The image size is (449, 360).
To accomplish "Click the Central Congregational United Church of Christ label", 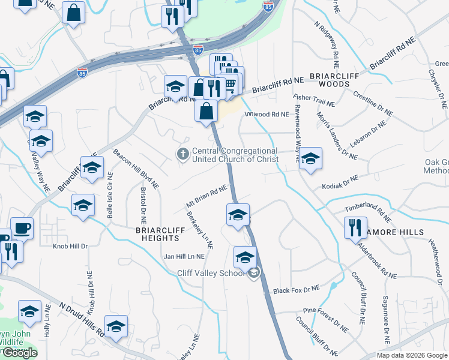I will pos(235,155).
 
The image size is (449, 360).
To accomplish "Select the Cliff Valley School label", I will pos(211,274).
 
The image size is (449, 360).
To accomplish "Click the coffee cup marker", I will pos(22,229).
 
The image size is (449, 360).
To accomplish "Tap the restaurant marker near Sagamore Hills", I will pos(354,228).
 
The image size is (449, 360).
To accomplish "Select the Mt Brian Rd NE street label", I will pos(206,197).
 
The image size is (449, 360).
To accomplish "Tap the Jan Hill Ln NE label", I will pos(184,256).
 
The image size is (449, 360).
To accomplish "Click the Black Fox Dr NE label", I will pos(297,290).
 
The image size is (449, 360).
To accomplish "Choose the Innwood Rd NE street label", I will pos(263,114).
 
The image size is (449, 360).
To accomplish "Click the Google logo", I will pos(20,353).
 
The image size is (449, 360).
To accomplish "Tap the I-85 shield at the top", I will pos(268,7).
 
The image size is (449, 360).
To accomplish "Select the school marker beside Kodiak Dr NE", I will pos(310,159).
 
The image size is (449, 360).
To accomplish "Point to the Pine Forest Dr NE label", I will pos(326,319).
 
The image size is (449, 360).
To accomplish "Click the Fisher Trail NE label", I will pos(313,100).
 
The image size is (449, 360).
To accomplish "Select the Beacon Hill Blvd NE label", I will pos(136,167).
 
